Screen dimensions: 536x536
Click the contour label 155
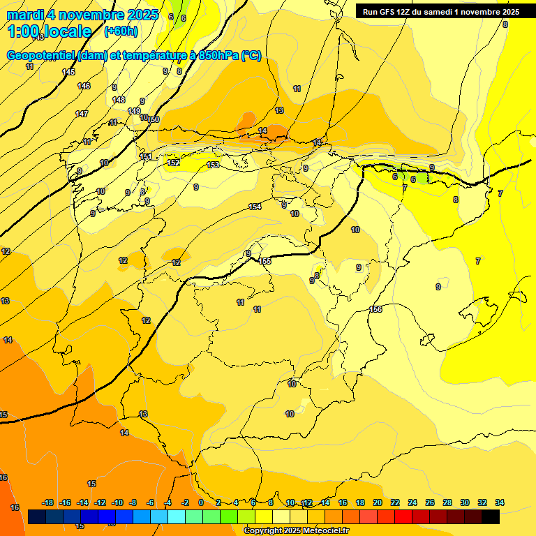point(265,261)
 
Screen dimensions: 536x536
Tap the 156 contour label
point(375,309)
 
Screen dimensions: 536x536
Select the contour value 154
point(255,207)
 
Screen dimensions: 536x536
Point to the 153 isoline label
point(213,165)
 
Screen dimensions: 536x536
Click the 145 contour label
point(68,72)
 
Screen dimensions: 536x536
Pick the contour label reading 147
point(82,114)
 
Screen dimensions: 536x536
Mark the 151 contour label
point(146,156)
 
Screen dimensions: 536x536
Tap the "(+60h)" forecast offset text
point(121,31)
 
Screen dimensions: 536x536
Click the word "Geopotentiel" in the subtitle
point(42,56)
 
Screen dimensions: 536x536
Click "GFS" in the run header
point(389,11)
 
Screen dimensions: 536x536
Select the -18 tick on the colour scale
point(48,502)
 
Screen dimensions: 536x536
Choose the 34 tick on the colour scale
point(500,502)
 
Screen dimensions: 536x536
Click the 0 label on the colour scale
point(201,502)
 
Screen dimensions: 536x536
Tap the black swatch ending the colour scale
point(491,516)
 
